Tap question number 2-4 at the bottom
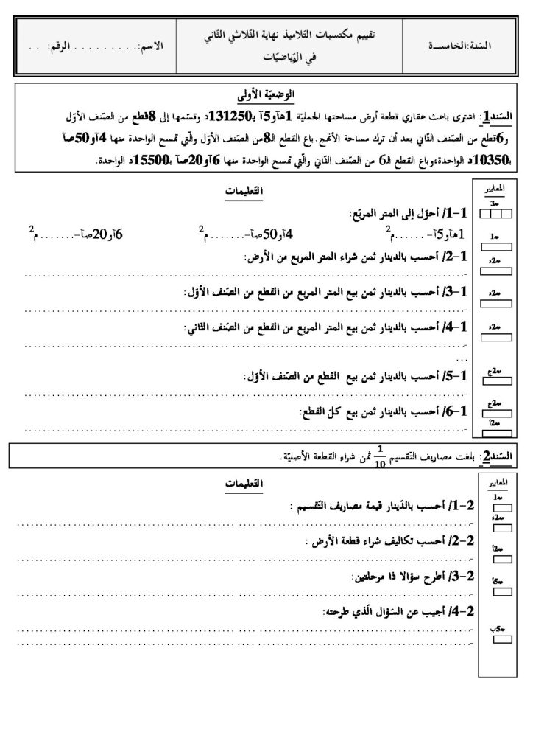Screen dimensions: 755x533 click(465, 612)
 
